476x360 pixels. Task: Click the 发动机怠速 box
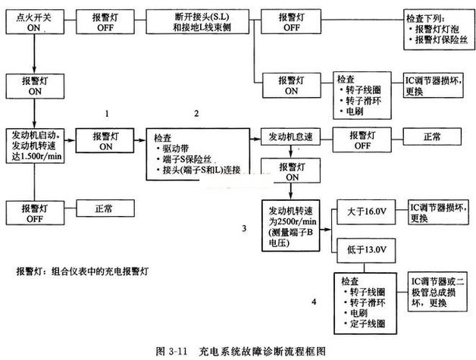[289, 136]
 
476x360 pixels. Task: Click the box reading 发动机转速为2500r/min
[291, 226]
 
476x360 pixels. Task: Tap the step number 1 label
[108, 113]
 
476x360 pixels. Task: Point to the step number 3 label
[244, 227]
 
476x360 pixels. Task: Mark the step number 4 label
[315, 303]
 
